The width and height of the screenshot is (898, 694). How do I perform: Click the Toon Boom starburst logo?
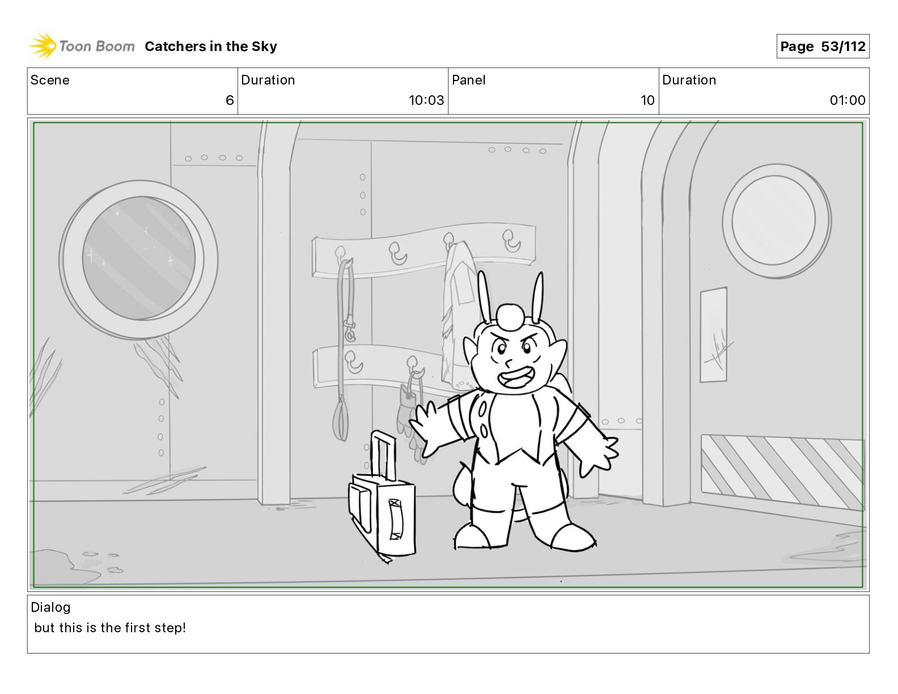pyautogui.click(x=43, y=46)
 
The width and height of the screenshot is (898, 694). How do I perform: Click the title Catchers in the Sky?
pyautogui.click(x=211, y=46)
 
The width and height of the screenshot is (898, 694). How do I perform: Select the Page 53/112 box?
pyautogui.click(x=823, y=46)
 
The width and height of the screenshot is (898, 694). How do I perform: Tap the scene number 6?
pyautogui.click(x=230, y=100)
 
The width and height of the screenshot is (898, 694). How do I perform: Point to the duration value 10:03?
pyautogui.click(x=426, y=100)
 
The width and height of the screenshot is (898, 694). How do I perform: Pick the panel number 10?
pyautogui.click(x=647, y=100)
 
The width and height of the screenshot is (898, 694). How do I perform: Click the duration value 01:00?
pyautogui.click(x=848, y=100)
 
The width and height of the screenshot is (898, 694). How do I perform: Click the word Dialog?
pyautogui.click(x=50, y=607)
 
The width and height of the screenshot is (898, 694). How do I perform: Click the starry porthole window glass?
pyautogui.click(x=139, y=259)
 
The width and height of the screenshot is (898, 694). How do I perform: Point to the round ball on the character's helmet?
pyautogui.click(x=510, y=317)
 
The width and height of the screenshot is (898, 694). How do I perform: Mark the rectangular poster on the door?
pyautogui.click(x=713, y=335)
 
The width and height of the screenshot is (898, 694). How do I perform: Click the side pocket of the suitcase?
pyautogui.click(x=359, y=509)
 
